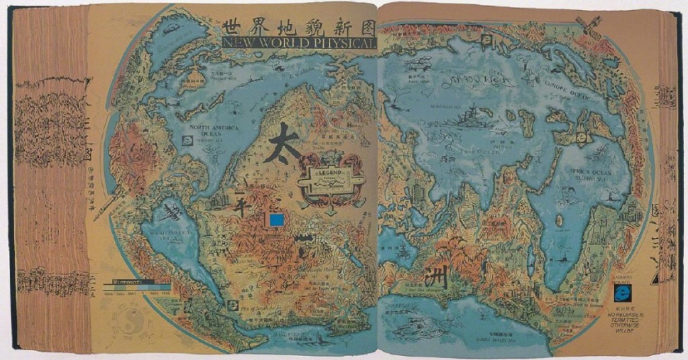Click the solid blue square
tap(275, 220)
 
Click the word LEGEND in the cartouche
tap(331, 173)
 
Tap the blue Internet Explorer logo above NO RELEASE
tap(623, 293)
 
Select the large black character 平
tap(241, 203)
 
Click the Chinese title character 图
tap(363, 26)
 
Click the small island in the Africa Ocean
tap(559, 220)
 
